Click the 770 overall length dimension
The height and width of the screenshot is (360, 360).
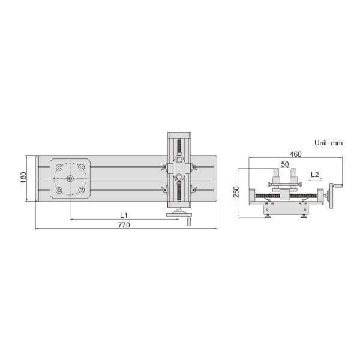point(124,225)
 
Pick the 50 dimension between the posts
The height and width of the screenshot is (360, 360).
point(284,164)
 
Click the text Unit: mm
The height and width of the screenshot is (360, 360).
point(328,143)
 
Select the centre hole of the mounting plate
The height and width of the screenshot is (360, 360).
point(70,179)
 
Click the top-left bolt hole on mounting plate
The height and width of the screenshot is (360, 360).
point(59,167)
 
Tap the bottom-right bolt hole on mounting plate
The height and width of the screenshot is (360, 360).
point(82,190)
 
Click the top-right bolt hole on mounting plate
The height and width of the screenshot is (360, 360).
point(82,167)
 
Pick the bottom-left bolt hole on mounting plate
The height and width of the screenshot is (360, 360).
point(59,190)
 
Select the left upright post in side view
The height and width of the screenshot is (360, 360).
point(276,178)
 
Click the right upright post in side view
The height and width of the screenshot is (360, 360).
point(293,178)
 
